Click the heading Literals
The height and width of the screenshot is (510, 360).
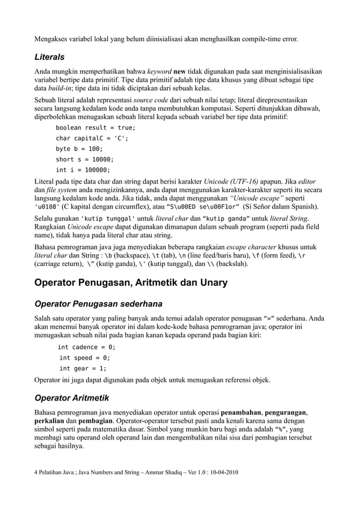coord(50,57)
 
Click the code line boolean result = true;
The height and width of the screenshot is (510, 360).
coord(95,128)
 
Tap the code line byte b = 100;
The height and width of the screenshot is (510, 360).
coord(79,149)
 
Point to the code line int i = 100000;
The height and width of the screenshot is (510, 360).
coord(83,170)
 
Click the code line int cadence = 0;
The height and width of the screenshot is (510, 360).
coord(87,347)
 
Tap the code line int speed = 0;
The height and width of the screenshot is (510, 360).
coord(85,358)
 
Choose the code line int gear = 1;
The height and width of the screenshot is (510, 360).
coord(83,368)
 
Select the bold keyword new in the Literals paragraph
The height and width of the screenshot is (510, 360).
coord(180,72)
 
